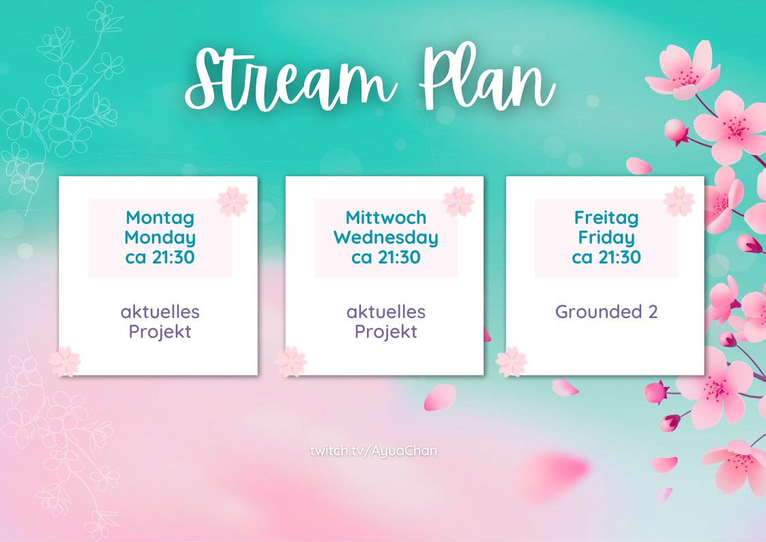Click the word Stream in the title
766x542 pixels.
click(x=291, y=80)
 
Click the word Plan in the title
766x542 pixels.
click(x=488, y=76)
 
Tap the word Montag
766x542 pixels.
click(x=160, y=218)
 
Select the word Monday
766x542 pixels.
click(x=160, y=238)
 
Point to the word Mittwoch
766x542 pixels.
click(x=386, y=218)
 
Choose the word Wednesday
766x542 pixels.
click(x=386, y=238)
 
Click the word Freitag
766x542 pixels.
click(x=606, y=218)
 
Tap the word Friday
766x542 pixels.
click(x=606, y=238)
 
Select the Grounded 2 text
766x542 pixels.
click(x=606, y=311)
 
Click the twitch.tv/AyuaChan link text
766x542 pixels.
click(x=374, y=451)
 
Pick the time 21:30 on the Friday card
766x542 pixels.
click(x=620, y=257)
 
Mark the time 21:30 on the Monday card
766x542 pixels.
click(x=173, y=257)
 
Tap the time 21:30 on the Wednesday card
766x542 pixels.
click(x=400, y=257)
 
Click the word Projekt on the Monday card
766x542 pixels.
click(x=160, y=332)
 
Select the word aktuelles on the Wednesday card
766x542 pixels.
click(x=386, y=312)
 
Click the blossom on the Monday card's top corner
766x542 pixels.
click(x=233, y=201)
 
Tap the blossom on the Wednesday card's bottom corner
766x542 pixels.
click(x=291, y=362)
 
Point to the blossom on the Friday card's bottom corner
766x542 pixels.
click(x=512, y=362)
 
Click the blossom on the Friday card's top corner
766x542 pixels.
click(x=679, y=201)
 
